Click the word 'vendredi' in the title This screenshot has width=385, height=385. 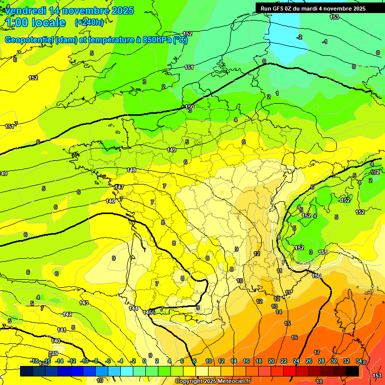tap(25, 11)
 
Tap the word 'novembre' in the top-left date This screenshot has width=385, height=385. tap(86, 11)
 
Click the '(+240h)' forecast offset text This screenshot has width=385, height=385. tap(89, 23)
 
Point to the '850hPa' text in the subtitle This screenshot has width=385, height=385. tap(153, 40)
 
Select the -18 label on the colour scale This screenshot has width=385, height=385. tap(35, 361)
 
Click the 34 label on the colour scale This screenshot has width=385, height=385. tap(358, 361)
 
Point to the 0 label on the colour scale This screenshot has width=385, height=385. tap(144, 361)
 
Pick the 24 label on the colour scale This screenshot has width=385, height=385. tap(296, 361)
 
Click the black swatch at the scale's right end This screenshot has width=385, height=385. tap(352, 371)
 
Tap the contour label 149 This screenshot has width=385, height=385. tap(171, 150)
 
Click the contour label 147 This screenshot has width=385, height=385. tap(119, 187)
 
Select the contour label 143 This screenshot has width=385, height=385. tap(84, 303)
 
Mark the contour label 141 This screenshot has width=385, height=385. tap(62, 330)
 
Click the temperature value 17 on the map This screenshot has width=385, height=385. tap(317, 353)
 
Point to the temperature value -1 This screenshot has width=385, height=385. tap(325, 42)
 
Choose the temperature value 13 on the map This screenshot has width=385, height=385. tap(274, 306)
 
